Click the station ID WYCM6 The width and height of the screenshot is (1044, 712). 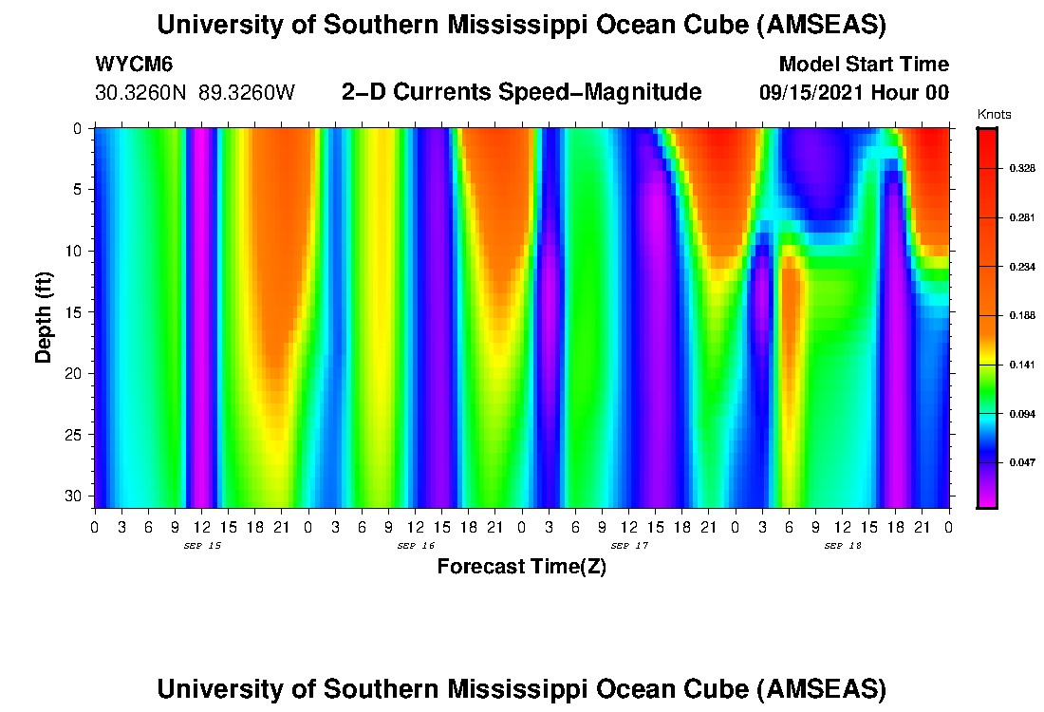point(134,65)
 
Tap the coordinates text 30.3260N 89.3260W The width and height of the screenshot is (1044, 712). point(196,93)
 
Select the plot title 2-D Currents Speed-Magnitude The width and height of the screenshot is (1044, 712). point(521,92)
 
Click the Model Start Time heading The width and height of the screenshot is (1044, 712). point(863,65)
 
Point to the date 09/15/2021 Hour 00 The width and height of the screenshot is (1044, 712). point(854,93)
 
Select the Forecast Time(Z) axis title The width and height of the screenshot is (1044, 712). point(521,567)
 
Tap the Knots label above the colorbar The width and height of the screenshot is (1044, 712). point(994,115)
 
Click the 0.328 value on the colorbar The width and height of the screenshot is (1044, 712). point(1021,168)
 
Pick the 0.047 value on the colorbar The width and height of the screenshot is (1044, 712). point(1021,463)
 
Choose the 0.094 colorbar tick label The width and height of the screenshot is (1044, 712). point(1021,414)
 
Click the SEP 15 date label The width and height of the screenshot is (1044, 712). point(201,546)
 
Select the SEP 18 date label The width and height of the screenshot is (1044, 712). point(842,546)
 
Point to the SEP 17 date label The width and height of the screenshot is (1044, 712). point(628,546)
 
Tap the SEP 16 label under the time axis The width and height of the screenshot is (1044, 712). point(415,546)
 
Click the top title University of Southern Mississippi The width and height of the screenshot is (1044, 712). point(521,25)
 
